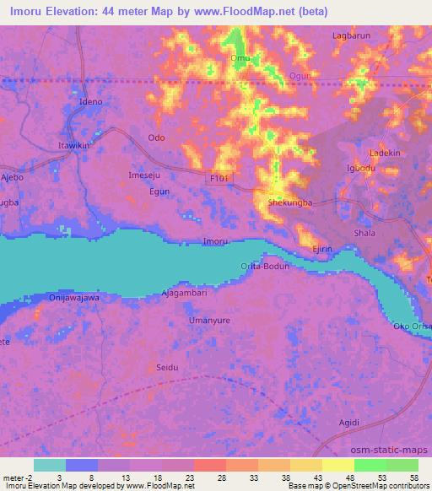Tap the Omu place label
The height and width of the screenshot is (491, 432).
click(x=238, y=58)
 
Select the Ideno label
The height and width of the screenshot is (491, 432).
click(x=90, y=102)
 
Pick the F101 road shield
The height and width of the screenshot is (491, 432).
click(x=219, y=178)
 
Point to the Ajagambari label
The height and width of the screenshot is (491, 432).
click(x=184, y=293)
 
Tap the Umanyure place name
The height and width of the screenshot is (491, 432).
click(x=209, y=321)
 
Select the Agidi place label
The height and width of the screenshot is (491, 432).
click(x=348, y=422)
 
